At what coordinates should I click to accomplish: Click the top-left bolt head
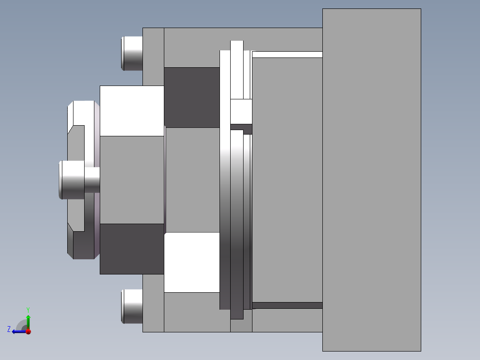click(x=132, y=53)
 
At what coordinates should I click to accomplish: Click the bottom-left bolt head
click(x=132, y=306)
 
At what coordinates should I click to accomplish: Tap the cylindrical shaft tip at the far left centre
click(x=71, y=180)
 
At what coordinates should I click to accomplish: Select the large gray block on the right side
click(x=371, y=180)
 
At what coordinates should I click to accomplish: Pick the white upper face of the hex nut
click(x=132, y=110)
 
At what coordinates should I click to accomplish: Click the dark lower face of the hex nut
click(x=132, y=249)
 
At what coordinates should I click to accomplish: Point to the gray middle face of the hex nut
click(x=132, y=180)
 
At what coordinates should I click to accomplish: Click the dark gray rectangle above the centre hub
click(x=192, y=97)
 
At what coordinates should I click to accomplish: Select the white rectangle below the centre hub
click(x=192, y=262)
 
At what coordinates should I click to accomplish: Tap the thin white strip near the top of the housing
click(x=287, y=54)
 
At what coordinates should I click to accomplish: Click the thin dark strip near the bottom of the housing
click(x=287, y=305)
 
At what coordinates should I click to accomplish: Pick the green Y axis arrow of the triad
click(x=28, y=320)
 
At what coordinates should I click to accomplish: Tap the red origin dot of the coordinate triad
click(x=28, y=331)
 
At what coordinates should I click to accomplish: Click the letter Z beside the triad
click(x=9, y=329)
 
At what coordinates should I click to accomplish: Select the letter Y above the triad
click(x=28, y=309)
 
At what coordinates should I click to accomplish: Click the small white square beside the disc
click(x=241, y=111)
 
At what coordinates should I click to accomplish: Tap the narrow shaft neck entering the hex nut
click(x=92, y=180)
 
